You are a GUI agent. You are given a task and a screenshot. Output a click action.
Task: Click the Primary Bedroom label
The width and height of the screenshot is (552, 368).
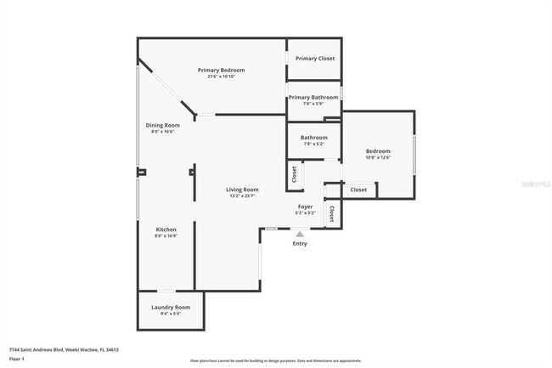[x=221, y=70]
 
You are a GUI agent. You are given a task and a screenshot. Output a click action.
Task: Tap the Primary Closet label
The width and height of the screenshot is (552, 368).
[x=314, y=59]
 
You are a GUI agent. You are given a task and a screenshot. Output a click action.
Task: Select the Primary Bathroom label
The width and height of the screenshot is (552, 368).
[x=313, y=98]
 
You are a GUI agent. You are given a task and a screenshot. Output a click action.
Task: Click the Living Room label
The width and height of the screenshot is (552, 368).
[x=242, y=190]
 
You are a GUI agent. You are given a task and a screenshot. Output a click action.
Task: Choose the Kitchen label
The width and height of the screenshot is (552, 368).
[x=166, y=230]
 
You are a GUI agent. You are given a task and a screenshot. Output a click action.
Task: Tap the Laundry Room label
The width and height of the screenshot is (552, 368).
[x=171, y=307]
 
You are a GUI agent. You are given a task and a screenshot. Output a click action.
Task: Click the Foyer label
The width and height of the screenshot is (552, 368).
[x=306, y=207]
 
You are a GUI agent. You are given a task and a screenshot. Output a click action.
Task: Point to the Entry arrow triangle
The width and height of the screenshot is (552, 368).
[x=299, y=234]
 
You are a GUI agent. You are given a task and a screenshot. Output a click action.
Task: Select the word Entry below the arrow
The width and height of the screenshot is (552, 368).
[x=300, y=244]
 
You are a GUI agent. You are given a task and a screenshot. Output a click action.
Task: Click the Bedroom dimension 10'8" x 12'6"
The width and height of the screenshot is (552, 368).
[x=378, y=157]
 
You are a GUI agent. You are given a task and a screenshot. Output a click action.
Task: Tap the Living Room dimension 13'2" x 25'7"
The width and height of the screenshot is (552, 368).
[x=242, y=196]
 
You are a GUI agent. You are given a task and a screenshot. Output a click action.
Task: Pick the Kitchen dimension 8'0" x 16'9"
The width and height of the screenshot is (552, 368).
[x=166, y=237]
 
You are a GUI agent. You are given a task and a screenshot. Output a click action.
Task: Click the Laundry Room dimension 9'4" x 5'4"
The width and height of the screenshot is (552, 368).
[x=171, y=314]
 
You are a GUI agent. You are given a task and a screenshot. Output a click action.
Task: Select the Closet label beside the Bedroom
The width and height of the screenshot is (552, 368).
[x=358, y=190]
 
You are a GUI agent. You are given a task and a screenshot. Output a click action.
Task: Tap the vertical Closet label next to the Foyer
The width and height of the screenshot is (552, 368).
[x=331, y=213]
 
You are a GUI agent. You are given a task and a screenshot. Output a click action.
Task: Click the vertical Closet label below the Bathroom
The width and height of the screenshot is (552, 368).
[x=294, y=174]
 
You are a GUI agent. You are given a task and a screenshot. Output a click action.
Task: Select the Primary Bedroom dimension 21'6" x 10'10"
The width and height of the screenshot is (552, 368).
[x=221, y=76]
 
